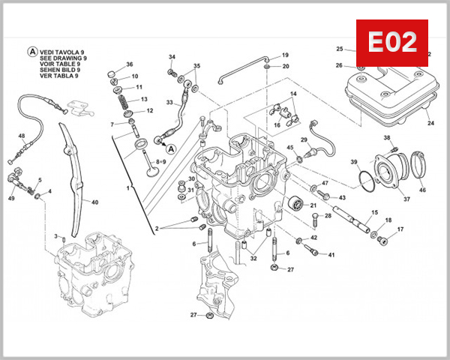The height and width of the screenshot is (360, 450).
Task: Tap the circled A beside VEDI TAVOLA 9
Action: tap(31, 52)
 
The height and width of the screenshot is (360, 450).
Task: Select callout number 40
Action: tap(94, 202)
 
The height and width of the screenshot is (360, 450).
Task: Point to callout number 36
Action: tap(129, 64)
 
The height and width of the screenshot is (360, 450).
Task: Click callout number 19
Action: tap(285, 55)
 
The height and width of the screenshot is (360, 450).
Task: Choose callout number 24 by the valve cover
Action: tap(430, 123)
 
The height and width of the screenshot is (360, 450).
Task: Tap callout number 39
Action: tap(354, 163)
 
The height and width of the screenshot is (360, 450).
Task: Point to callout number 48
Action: tap(22, 136)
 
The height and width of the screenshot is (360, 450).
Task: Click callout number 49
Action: tap(11, 198)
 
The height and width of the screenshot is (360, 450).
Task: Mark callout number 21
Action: tap(313, 205)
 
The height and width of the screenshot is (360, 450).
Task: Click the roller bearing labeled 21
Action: tap(297, 202)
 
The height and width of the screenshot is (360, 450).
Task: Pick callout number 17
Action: tap(400, 229)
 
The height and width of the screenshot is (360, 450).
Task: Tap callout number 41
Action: tap(331, 255)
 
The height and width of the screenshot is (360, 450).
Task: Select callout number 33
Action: tap(169, 103)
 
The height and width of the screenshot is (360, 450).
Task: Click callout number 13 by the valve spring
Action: tap(144, 99)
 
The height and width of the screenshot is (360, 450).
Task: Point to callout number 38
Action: tap(387, 138)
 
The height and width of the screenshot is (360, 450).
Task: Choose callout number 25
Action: tap(339, 49)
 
